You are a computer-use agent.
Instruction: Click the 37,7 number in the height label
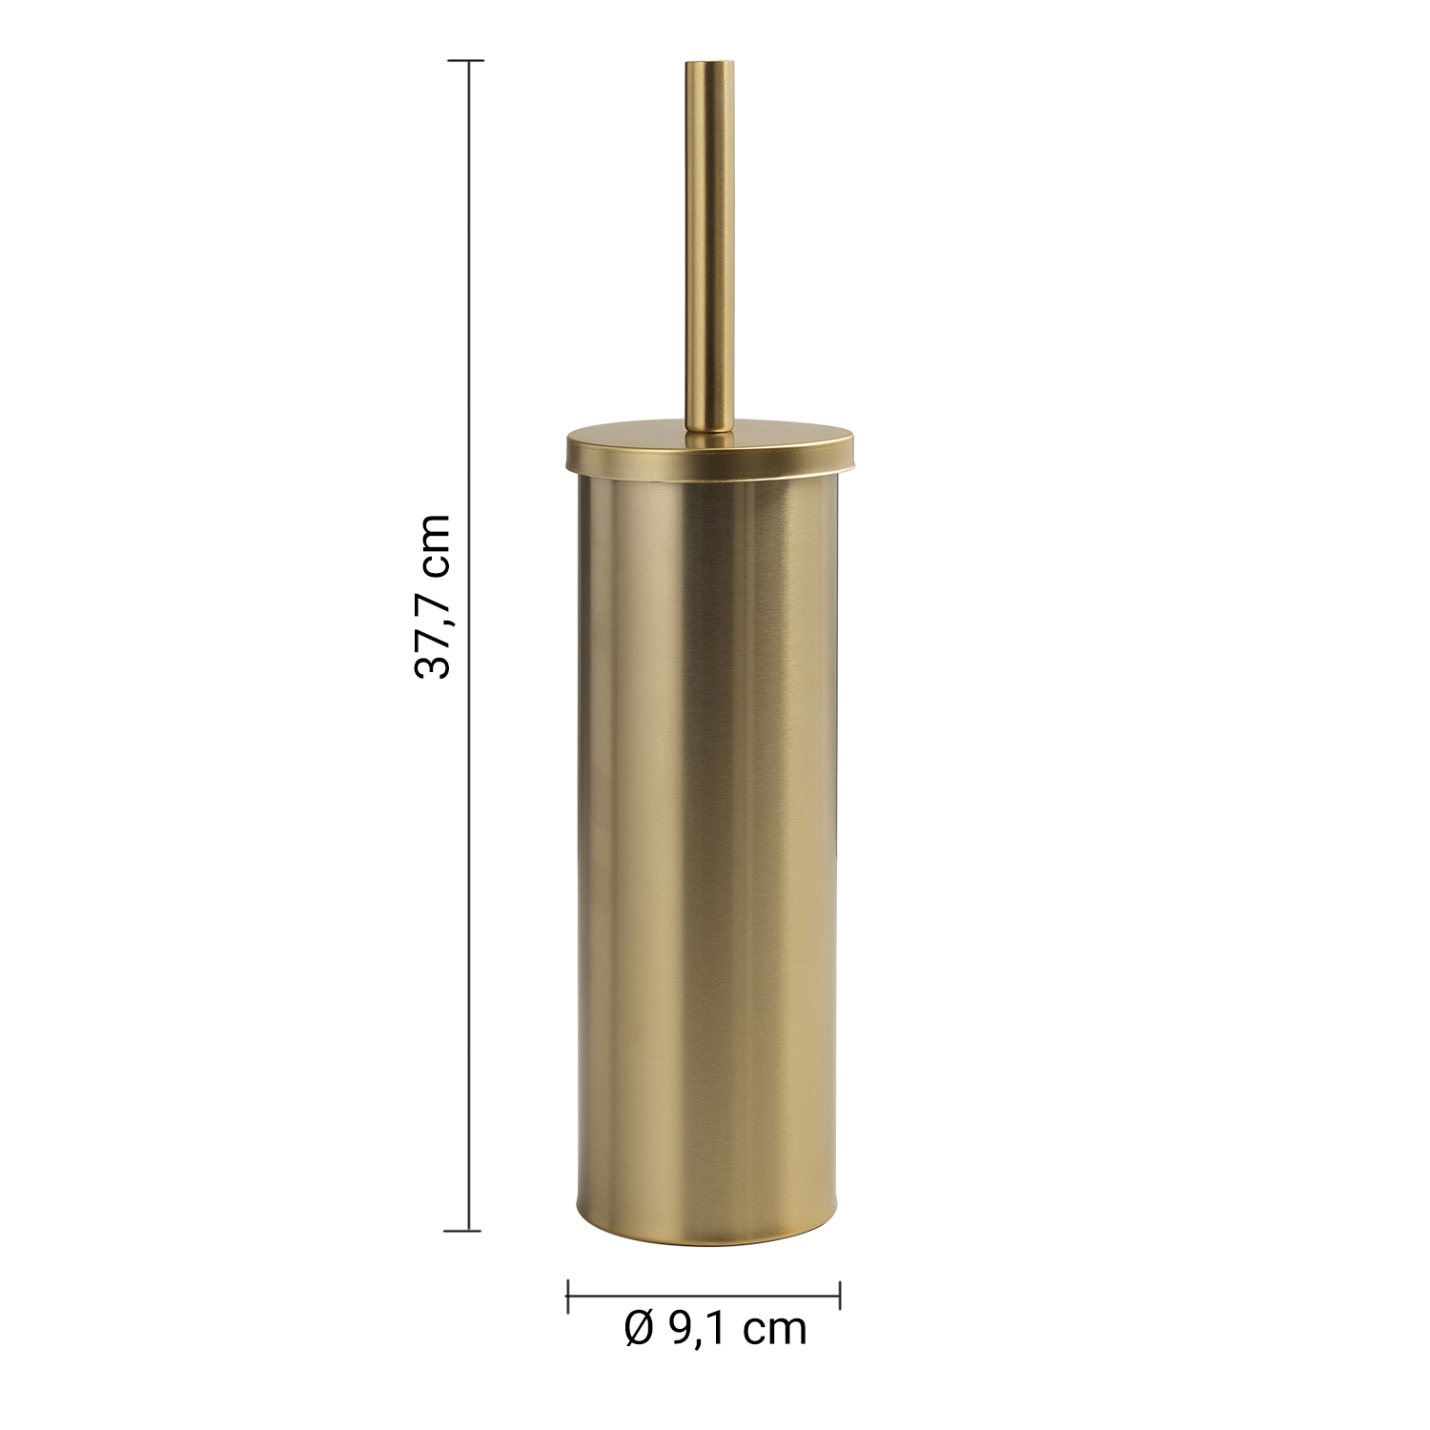(432, 622)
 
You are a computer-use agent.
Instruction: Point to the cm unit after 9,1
(776, 1331)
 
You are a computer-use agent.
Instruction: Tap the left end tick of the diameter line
(568, 1295)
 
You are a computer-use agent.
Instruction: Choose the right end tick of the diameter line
(839, 1295)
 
